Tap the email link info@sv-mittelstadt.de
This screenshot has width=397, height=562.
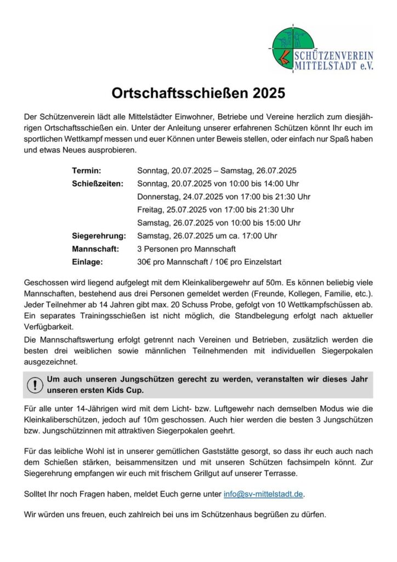263,494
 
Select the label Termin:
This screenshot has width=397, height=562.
86,171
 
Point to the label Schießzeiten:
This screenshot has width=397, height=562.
97,183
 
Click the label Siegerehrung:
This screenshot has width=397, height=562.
99,236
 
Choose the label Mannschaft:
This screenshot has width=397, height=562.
95,249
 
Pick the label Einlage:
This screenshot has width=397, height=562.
87,262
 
